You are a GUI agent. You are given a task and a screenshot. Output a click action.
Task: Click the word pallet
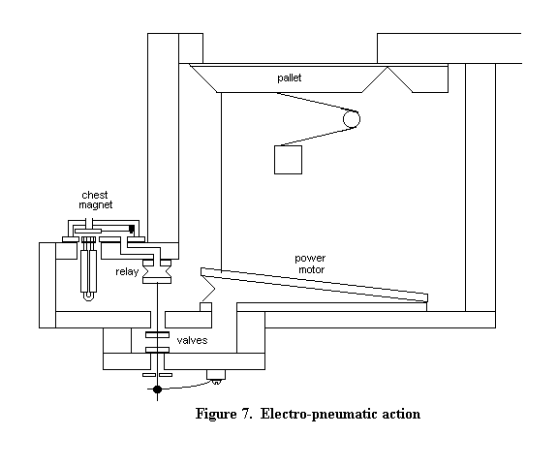point(289,78)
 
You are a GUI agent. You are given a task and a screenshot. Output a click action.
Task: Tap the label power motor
point(310,264)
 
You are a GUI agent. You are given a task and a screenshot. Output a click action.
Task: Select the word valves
point(192,340)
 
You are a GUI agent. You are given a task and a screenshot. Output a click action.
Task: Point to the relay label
point(127,271)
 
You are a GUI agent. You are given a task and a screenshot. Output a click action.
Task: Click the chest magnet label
point(95,200)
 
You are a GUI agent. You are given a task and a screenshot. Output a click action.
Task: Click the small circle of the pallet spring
point(352,119)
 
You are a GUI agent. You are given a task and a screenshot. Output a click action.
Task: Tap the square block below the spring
point(289,160)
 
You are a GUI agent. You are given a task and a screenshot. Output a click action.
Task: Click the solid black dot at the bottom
point(157,389)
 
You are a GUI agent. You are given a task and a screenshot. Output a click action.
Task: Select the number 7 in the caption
point(247,414)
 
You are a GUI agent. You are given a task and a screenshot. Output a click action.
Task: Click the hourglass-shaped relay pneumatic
point(157,271)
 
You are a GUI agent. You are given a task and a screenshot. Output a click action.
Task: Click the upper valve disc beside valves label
point(157,335)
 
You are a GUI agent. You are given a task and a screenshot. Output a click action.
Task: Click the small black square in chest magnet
point(132,229)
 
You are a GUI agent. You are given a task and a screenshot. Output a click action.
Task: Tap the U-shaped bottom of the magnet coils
point(88,296)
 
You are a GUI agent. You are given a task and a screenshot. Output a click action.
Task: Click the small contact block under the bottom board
point(216,376)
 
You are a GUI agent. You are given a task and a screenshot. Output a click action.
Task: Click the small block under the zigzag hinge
point(205,307)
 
